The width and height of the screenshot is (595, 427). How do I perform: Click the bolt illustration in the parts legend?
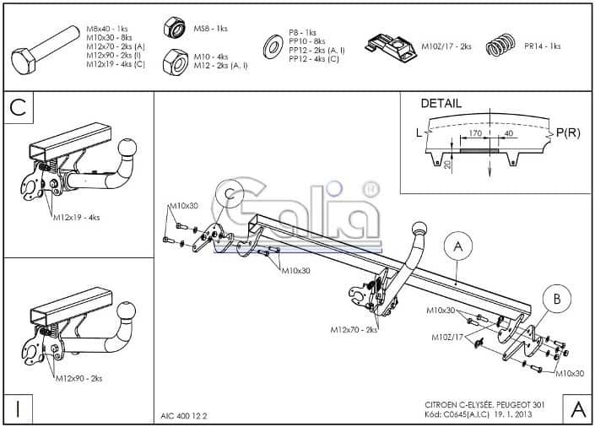[46, 50]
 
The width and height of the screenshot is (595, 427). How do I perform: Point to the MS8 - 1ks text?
[210, 28]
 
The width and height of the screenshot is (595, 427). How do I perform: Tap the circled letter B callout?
[556, 299]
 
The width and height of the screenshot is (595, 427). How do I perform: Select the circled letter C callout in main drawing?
[228, 196]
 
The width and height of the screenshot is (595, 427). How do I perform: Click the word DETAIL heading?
[441, 104]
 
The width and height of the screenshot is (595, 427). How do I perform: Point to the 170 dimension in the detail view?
[475, 133]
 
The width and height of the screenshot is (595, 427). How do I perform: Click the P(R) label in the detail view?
[567, 132]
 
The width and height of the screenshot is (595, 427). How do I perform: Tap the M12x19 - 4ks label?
[78, 218]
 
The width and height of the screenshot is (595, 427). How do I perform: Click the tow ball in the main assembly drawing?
[419, 230]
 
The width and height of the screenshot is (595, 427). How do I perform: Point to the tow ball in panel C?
[128, 149]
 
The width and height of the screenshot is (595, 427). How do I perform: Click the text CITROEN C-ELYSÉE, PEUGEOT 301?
[484, 406]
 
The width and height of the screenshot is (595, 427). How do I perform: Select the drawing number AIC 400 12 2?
[185, 414]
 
